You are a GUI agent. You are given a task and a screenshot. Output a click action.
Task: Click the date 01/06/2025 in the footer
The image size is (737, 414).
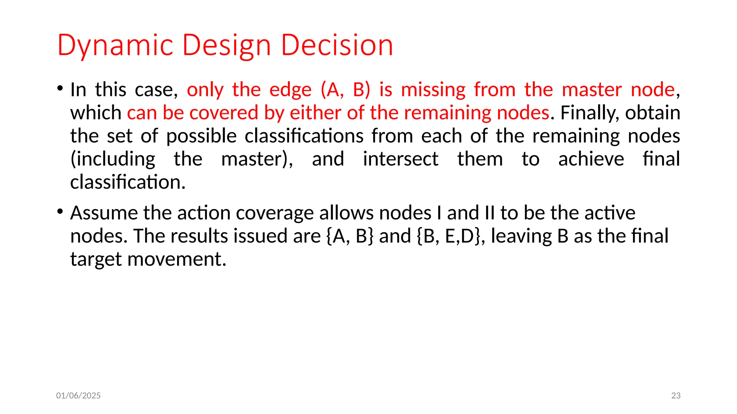[x=78, y=396]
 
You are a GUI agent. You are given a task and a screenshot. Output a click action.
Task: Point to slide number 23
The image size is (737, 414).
[x=676, y=396]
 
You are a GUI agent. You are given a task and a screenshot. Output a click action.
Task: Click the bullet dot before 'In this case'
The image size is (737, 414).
[x=60, y=88]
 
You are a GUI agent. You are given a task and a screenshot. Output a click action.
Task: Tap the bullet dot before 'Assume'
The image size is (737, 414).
[x=60, y=211]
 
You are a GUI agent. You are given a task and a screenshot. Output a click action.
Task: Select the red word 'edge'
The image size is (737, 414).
[x=290, y=90]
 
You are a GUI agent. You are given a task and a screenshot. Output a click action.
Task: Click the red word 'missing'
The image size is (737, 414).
[x=433, y=90]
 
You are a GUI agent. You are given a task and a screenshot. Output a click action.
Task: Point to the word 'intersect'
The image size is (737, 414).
[x=401, y=159]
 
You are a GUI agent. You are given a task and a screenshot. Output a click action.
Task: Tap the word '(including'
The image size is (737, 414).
[x=113, y=159]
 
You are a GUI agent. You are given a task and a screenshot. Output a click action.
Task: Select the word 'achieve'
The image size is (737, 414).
[x=591, y=159]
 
